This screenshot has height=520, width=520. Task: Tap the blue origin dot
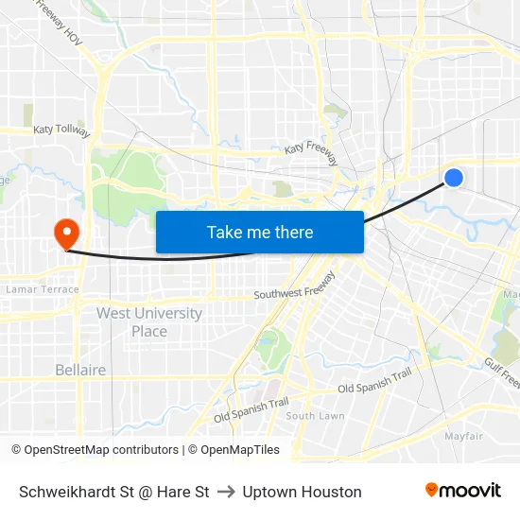454,177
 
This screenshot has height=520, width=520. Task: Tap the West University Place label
149,322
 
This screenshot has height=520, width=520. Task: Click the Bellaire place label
80,370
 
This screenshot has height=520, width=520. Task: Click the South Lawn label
315,416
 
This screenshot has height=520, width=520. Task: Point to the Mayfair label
464,436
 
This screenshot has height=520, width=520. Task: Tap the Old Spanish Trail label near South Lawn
251,409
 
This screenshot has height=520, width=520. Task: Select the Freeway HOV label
59,21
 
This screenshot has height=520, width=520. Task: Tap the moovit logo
462,490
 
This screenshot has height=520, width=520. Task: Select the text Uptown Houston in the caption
302,492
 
